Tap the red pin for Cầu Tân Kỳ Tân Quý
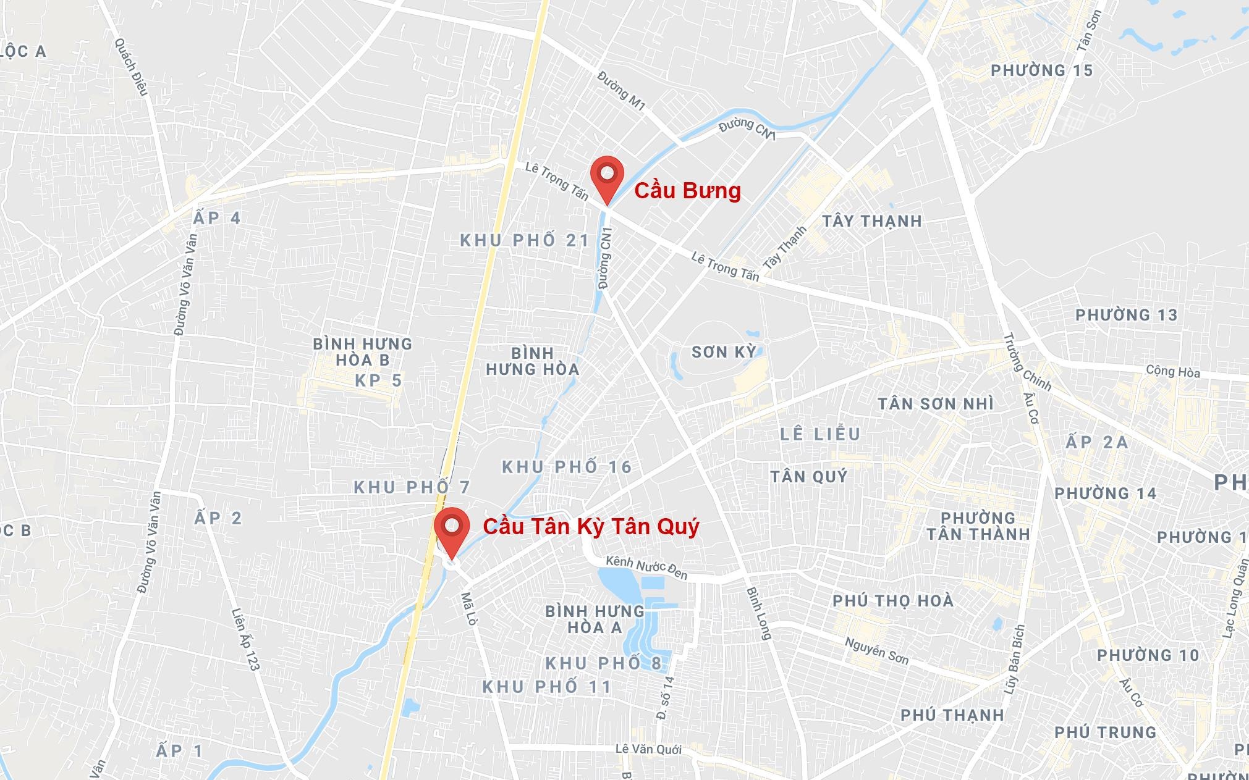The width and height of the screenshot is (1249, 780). [452, 529]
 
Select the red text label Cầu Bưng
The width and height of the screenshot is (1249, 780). [687, 190]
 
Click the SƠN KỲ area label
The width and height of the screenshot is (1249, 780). [724, 352]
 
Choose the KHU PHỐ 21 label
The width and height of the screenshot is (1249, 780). [525, 240]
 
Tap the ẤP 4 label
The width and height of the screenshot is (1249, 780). [216, 218]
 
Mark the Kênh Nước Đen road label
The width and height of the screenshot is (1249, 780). [646, 568]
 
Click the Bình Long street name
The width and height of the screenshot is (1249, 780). [760, 613]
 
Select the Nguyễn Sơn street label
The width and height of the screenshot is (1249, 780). [876, 651]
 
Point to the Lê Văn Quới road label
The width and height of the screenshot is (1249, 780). [648, 749]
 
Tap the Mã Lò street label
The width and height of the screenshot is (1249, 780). [468, 609]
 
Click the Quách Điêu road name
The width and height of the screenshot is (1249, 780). [131, 67]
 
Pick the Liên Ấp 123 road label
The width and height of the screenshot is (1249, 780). [245, 639]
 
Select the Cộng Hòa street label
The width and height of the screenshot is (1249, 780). [1172, 371]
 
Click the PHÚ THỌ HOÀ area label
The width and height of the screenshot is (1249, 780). [892, 600]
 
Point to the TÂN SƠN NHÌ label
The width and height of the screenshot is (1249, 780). [936, 404]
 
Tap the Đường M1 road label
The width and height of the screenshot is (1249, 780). [622, 91]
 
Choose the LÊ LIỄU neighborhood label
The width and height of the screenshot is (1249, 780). [820, 434]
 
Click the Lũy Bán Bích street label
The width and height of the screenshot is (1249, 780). [1015, 659]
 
